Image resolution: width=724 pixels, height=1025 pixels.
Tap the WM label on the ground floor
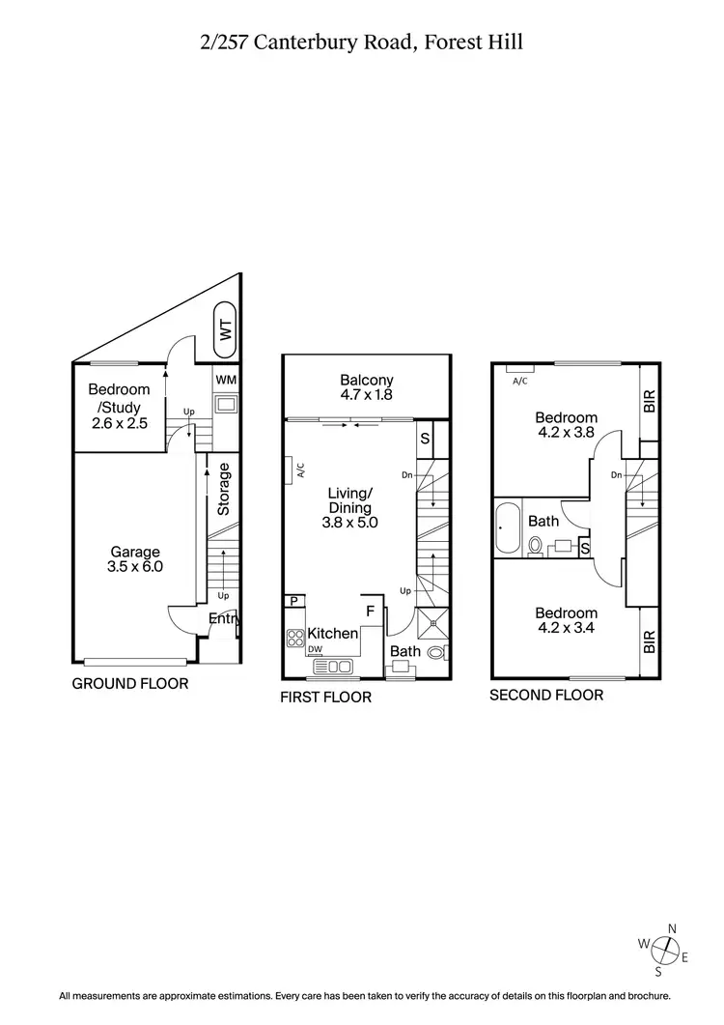pyautogui.click(x=226, y=380)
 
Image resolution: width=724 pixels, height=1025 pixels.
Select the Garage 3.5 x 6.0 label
pyautogui.click(x=135, y=560)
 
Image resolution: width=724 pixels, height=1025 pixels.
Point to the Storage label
pyautogui.click(x=224, y=489)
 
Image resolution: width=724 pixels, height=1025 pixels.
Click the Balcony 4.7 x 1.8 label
pyautogui.click(x=367, y=387)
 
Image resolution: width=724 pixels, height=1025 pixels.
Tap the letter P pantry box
pyautogui.click(x=292, y=601)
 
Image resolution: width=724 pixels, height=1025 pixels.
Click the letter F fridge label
pyautogui.click(x=370, y=612)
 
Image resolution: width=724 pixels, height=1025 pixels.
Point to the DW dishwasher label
pyautogui.click(x=315, y=648)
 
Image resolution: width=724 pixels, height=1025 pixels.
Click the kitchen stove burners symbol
pyautogui.click(x=295, y=638)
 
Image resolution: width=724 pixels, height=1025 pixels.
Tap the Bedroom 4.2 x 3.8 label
pyautogui.click(x=567, y=426)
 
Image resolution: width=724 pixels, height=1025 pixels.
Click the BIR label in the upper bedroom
pyautogui.click(x=649, y=401)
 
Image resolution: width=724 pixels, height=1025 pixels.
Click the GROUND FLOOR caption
pyautogui.click(x=130, y=684)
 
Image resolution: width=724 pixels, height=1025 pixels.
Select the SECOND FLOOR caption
pyautogui.click(x=546, y=695)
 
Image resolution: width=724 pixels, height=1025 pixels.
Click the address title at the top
pyautogui.click(x=362, y=42)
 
